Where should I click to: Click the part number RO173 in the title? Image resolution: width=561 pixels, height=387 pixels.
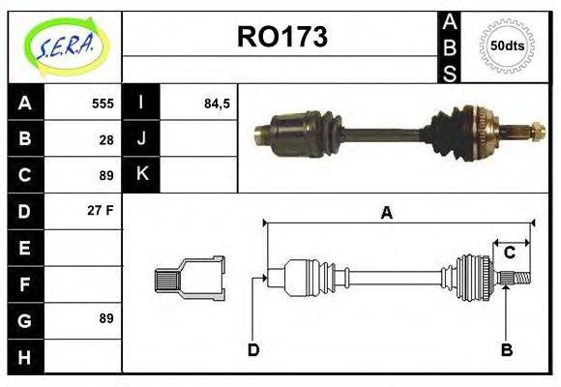(282, 38)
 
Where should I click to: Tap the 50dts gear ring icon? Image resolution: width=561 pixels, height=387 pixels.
(507, 45)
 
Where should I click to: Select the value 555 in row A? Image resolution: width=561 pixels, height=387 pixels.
(103, 104)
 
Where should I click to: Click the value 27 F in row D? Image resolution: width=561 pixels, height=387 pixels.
(101, 210)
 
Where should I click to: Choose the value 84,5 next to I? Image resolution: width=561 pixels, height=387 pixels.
(217, 104)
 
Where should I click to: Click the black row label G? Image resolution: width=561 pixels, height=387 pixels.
(25, 319)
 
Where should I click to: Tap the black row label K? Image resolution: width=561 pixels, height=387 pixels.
(141, 175)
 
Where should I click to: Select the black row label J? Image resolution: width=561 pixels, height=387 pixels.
(141, 139)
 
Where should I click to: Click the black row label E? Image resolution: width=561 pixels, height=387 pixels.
(25, 248)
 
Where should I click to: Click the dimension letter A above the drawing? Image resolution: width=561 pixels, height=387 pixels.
(386, 213)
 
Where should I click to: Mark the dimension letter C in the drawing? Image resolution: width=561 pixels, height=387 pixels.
(509, 253)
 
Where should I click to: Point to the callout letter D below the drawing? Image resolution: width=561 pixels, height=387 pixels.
(252, 349)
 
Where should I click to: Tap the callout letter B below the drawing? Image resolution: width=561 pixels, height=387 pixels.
(506, 349)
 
